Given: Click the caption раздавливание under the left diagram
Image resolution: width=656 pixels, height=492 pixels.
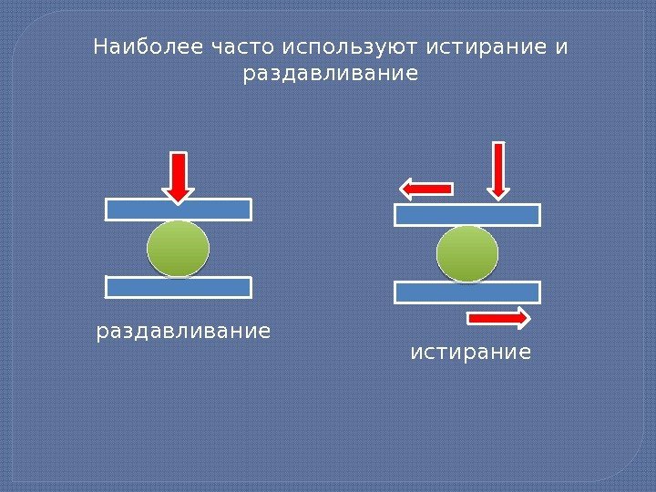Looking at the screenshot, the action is pyautogui.click(x=183, y=330).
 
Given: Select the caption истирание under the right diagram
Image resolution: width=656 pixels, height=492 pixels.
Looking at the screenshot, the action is pyautogui.click(x=470, y=351).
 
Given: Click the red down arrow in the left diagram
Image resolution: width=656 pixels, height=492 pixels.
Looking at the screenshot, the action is pyautogui.click(x=179, y=177).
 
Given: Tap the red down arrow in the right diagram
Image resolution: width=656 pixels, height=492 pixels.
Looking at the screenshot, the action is pyautogui.click(x=498, y=169).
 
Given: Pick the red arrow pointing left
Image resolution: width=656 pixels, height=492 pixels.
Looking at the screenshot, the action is pyautogui.click(x=426, y=189).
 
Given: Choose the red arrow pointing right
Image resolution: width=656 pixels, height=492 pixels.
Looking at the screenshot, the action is pyautogui.click(x=498, y=318).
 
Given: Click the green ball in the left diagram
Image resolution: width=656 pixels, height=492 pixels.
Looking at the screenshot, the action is pyautogui.click(x=178, y=248).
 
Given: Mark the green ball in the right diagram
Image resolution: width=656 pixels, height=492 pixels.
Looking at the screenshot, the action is pyautogui.click(x=467, y=254).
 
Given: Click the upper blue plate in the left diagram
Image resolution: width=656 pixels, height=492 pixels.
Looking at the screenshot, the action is pyautogui.click(x=179, y=210).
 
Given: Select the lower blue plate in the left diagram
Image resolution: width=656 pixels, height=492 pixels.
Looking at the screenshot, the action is pyautogui.click(x=179, y=287).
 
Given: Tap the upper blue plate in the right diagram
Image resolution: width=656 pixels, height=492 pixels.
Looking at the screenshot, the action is pyautogui.click(x=467, y=215).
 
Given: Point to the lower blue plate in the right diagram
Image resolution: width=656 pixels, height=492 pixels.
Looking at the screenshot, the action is pyautogui.click(x=467, y=292).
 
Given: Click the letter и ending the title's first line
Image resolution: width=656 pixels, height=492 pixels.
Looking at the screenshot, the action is pyautogui.click(x=560, y=46).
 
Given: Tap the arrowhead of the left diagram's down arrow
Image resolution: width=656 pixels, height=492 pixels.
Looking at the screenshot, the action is pyautogui.click(x=179, y=193).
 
